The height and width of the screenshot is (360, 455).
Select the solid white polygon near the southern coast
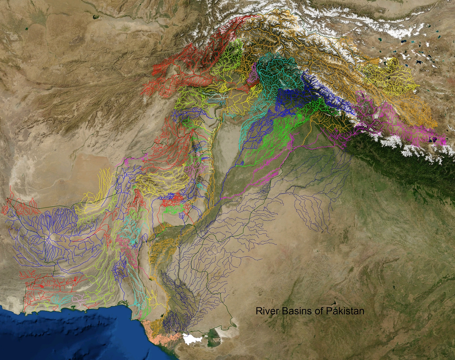click(191, 339)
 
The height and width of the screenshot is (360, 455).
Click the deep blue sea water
click(62, 337)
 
